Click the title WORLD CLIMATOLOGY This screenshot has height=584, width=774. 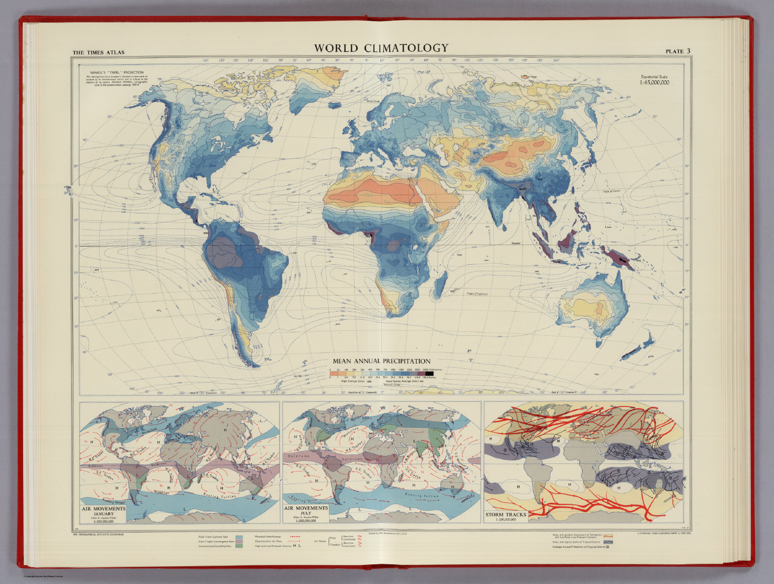pyautogui.click(x=381, y=48)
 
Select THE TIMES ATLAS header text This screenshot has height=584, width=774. pyautogui.click(x=98, y=52)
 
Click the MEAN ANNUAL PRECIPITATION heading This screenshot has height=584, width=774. pyautogui.click(x=381, y=361)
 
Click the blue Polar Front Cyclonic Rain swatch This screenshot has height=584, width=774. pyautogui.click(x=239, y=538)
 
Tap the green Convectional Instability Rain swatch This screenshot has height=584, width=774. pyautogui.click(x=239, y=546)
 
